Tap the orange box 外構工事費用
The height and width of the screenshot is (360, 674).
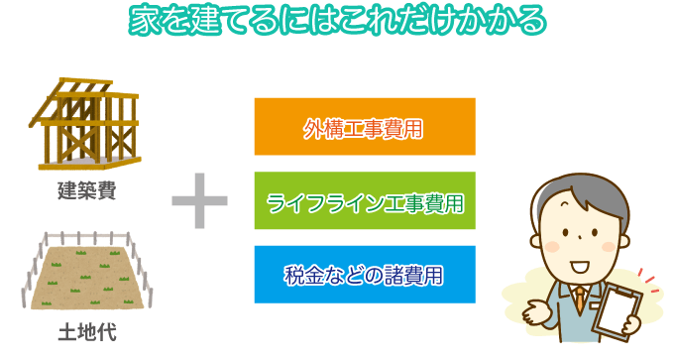pyautogui.click(x=365, y=127)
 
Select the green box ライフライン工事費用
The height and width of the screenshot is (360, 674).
pyautogui.click(x=365, y=201)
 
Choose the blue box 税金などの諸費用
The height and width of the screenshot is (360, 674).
pyautogui.click(x=365, y=275)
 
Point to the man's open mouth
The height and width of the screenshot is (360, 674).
pyautogui.click(x=578, y=266)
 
